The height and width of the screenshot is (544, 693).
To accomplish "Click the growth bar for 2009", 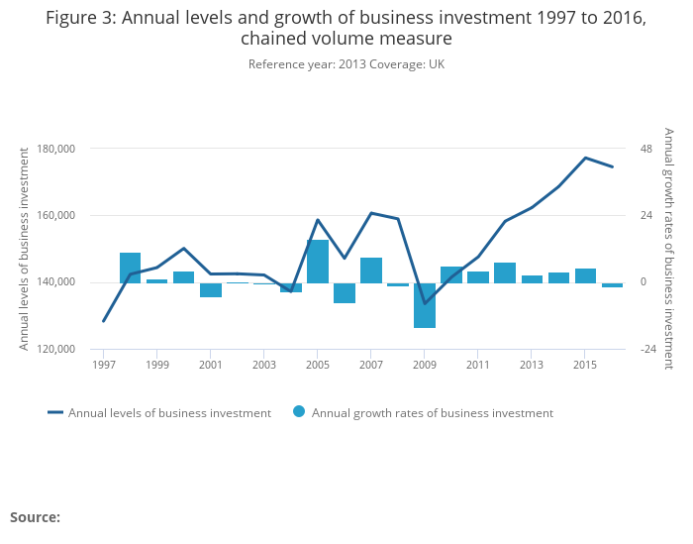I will [x=425, y=305].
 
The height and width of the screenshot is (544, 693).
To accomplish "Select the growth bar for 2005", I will [x=318, y=262].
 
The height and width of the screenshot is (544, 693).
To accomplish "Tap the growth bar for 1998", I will [x=131, y=268].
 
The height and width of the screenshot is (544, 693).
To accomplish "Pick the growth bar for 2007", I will [x=371, y=271].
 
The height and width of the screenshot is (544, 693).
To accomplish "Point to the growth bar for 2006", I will [x=345, y=292].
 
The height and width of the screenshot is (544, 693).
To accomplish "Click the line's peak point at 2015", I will [x=585, y=158].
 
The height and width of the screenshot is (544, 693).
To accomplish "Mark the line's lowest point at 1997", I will [x=103, y=321].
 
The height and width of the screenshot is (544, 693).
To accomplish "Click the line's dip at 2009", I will [x=425, y=303].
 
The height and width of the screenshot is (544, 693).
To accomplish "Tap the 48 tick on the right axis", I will [x=646, y=149].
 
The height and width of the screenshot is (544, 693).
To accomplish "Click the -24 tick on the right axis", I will [x=648, y=350].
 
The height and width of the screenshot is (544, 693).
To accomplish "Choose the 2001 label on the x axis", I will [x=210, y=365].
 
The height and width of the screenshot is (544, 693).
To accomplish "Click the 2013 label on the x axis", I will [x=532, y=365].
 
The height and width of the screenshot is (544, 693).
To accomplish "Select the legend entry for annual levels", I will [x=169, y=413].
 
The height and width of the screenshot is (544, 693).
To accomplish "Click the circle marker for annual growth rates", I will [x=299, y=412].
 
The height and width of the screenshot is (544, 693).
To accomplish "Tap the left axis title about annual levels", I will [x=25, y=248].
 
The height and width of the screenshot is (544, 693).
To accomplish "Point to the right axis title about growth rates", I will [x=669, y=248].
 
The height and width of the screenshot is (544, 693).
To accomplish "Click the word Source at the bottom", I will [x=35, y=517].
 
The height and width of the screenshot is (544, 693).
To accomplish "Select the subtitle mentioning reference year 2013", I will [x=346, y=64].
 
